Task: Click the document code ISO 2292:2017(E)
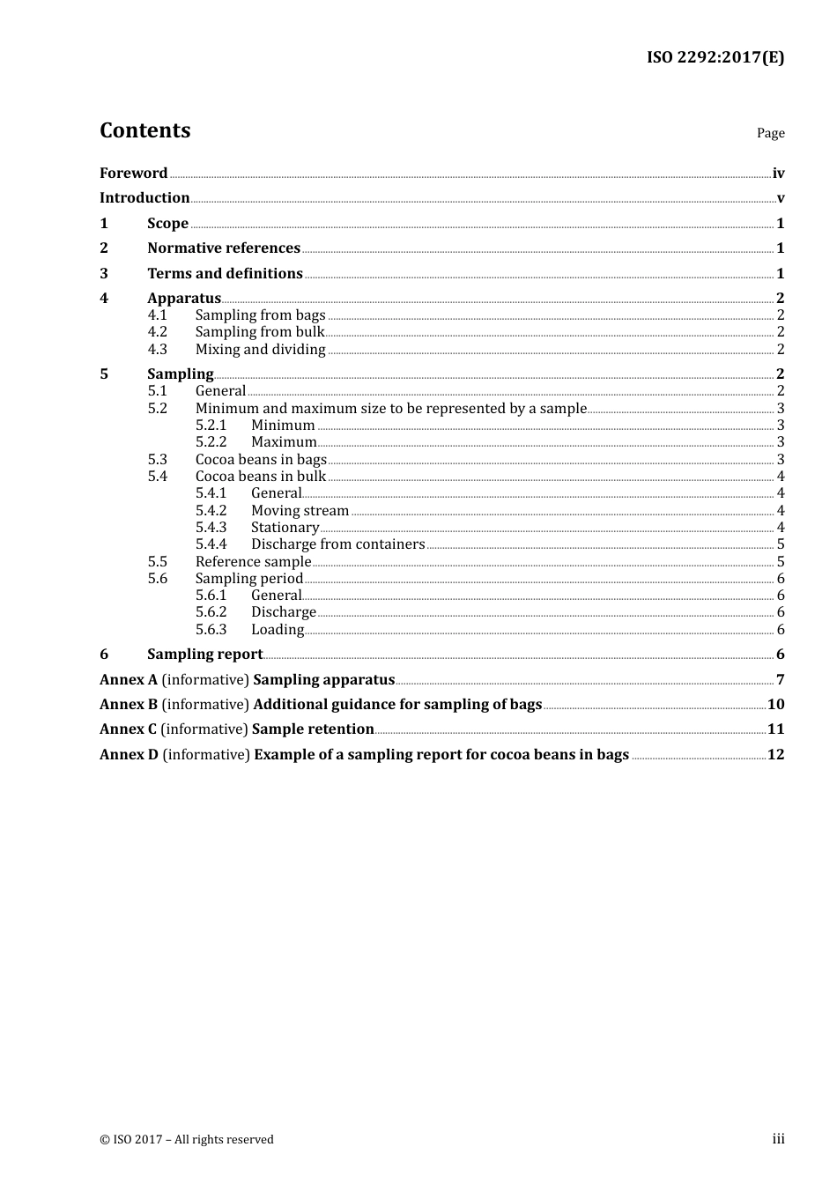[x=715, y=57]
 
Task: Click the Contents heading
[x=144, y=130]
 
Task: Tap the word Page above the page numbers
[x=770, y=133]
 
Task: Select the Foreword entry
[x=133, y=173]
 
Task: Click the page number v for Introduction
[x=780, y=198]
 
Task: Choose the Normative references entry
[x=224, y=248]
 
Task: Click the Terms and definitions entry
[x=225, y=273]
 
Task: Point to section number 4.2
[x=157, y=332]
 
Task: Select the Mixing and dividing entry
[x=260, y=350]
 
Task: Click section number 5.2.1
[x=211, y=425]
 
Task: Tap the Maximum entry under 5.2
[x=284, y=442]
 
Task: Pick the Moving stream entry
[x=300, y=511]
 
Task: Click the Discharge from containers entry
[x=337, y=544]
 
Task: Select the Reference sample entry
[x=253, y=562]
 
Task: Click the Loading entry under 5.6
[x=277, y=630]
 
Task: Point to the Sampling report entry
[x=204, y=655]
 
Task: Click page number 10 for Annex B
[x=775, y=705]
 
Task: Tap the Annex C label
[x=128, y=729]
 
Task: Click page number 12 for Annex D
[x=775, y=755]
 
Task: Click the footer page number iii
[x=778, y=1139]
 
